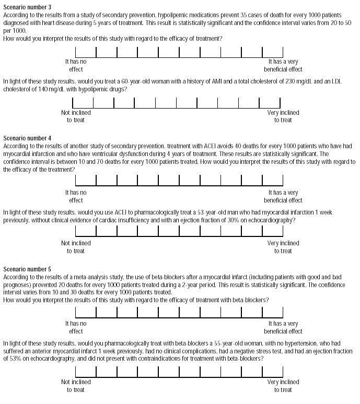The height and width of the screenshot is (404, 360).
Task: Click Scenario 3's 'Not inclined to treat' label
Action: (76, 116)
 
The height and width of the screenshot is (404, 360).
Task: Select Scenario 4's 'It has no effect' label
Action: (76, 196)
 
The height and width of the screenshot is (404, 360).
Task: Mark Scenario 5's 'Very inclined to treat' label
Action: (283, 386)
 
